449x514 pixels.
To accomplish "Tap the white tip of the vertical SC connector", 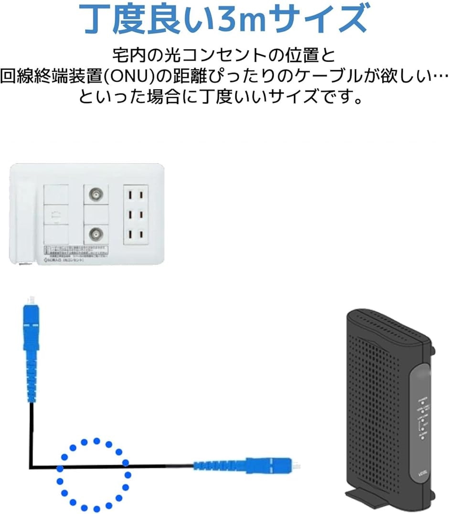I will [x=30, y=300].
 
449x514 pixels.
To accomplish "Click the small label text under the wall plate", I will [x=64, y=260].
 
